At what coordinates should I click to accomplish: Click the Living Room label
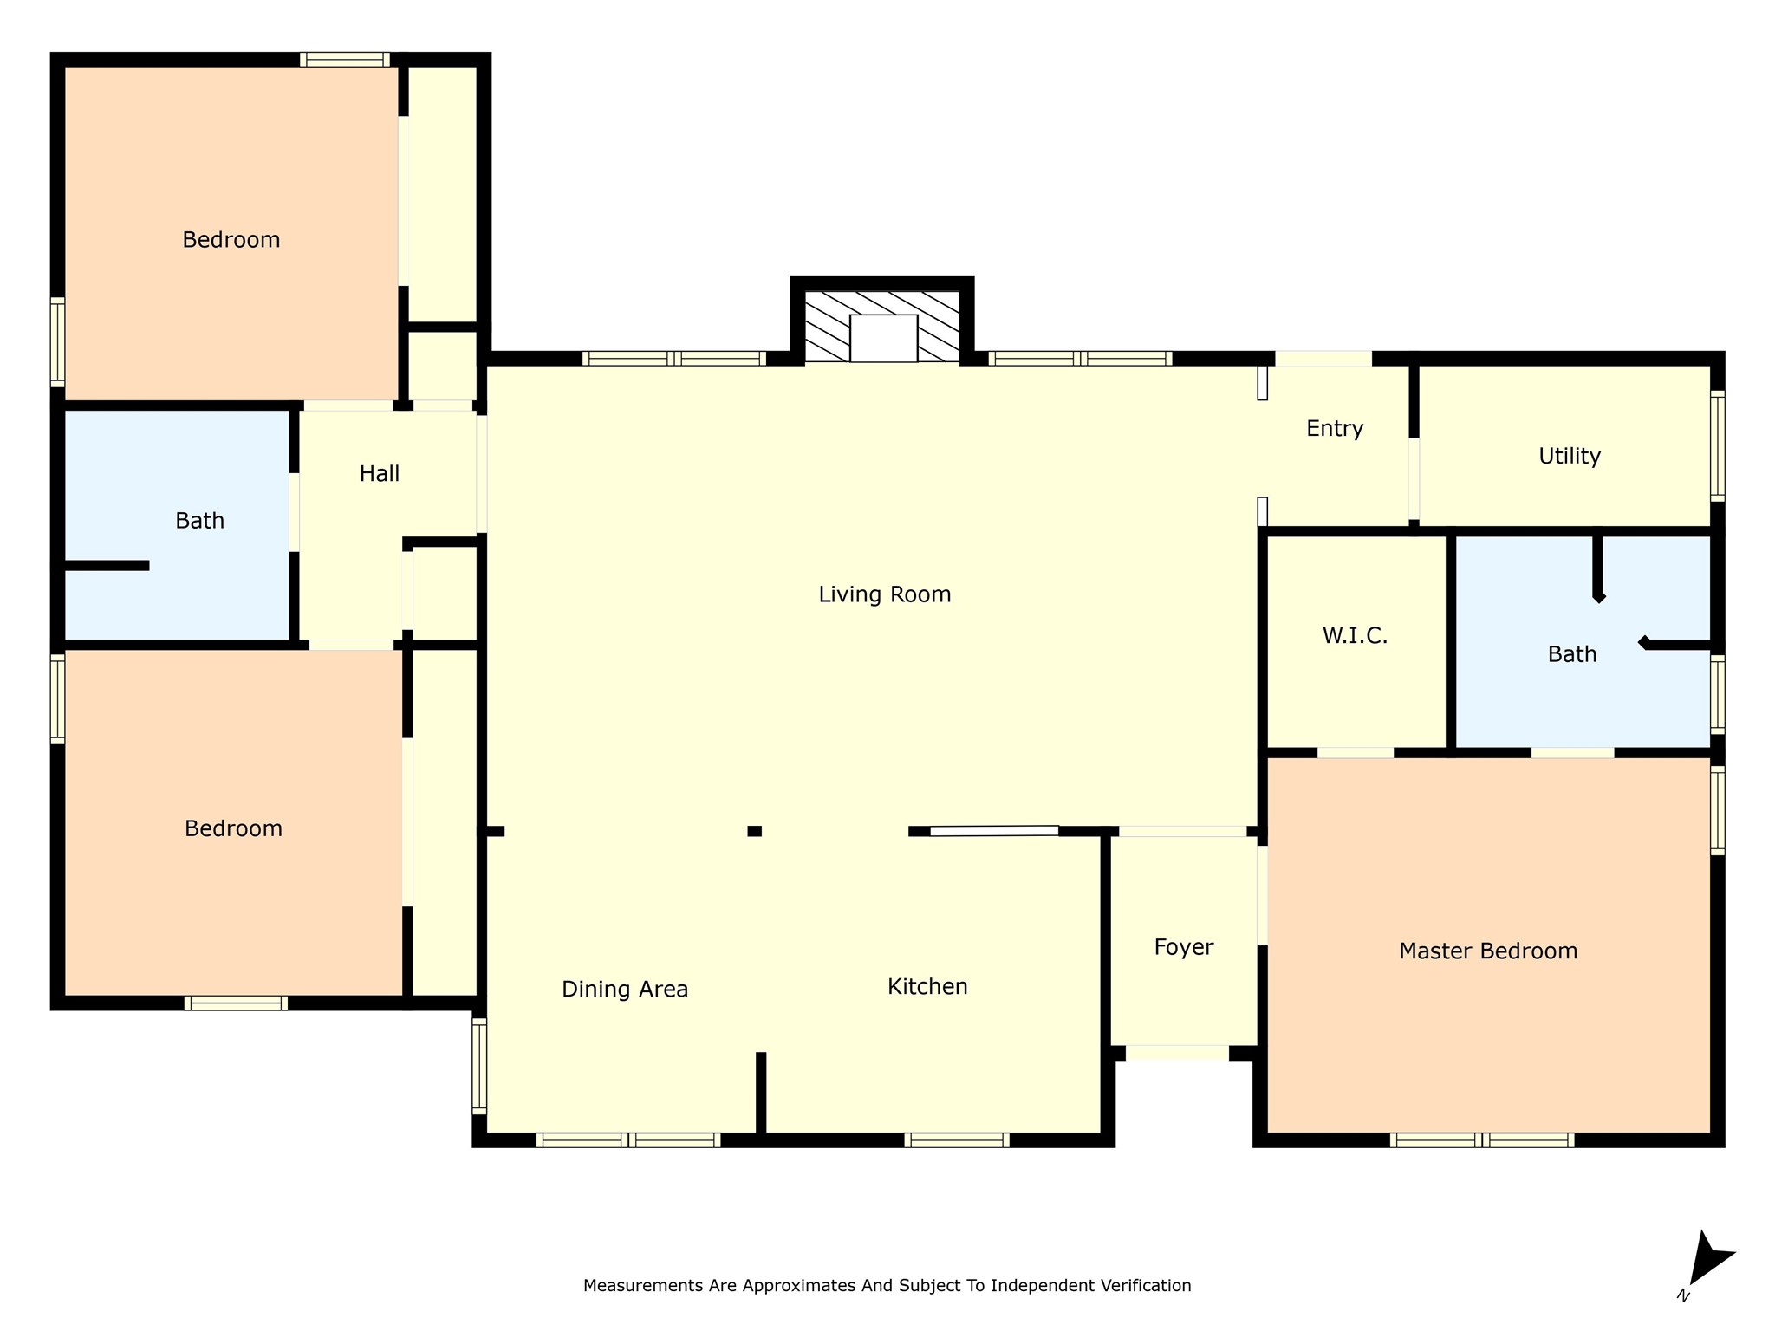point(885,594)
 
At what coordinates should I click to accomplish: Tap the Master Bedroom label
point(1488,951)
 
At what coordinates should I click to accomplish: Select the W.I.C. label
point(1355,636)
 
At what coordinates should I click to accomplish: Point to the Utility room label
point(1570,457)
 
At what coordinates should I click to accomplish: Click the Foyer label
point(1184,948)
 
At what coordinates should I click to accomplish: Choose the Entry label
point(1335,429)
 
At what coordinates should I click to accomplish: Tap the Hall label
point(380,474)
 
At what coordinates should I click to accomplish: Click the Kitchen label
point(927,987)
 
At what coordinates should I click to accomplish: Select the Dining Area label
point(625,990)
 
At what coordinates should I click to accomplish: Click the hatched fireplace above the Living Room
point(882,326)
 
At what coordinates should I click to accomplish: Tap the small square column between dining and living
point(755,831)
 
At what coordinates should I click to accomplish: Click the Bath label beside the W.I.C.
point(1572,654)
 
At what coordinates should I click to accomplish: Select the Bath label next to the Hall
point(200,521)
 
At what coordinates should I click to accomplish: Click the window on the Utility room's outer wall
point(1717,446)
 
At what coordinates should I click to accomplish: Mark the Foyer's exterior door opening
point(1177,1053)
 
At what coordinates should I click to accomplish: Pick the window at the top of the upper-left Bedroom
point(345,60)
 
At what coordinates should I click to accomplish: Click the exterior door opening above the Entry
point(1323,359)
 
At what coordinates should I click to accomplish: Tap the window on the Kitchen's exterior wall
point(957,1140)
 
